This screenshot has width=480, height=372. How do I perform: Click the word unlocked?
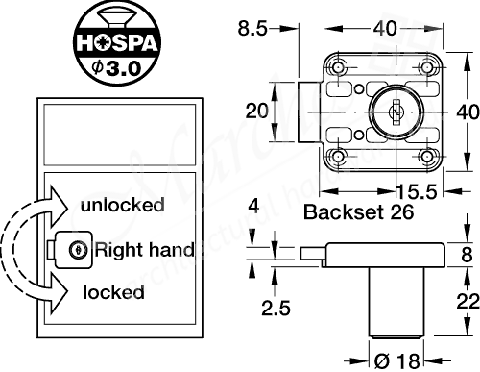tap(122, 205)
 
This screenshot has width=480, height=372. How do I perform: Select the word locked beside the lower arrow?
tap(113, 292)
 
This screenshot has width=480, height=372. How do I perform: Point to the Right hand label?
tap(144, 250)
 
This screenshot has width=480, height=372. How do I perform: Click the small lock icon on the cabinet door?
tap(72, 249)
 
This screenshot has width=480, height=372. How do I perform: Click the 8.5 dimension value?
tap(253, 29)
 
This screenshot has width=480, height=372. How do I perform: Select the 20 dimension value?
tap(255, 112)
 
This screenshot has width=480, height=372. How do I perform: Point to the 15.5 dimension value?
tap(418, 189)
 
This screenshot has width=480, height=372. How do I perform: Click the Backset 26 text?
tap(358, 213)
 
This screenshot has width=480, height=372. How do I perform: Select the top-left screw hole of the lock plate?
tap(337, 68)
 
